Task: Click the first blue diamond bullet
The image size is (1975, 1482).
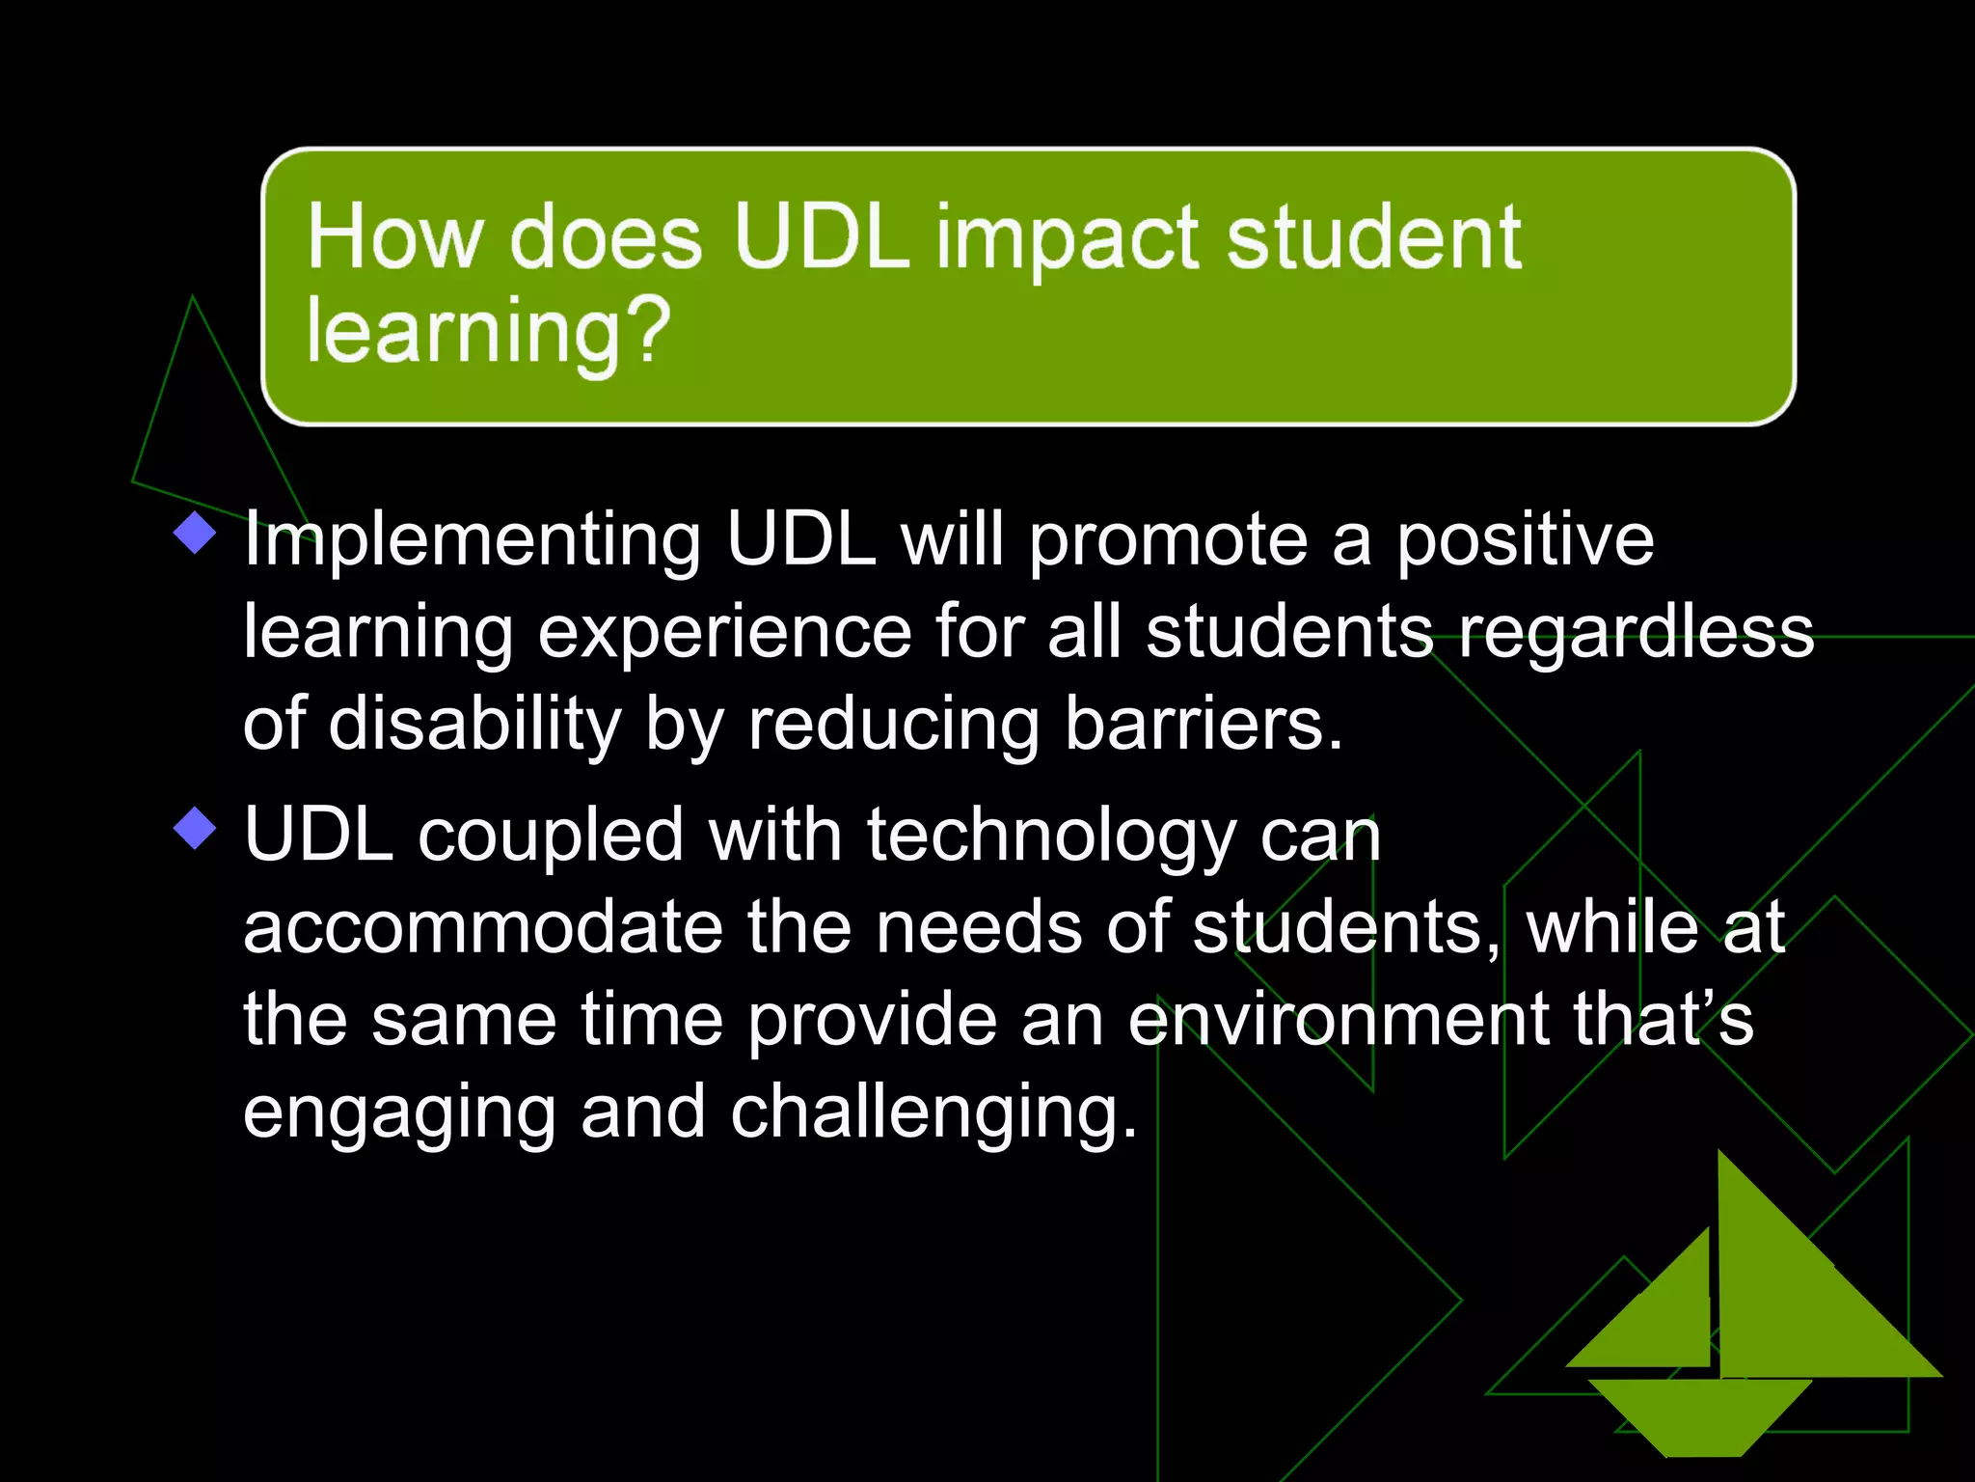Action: pos(196,533)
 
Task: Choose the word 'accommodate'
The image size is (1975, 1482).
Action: pos(482,927)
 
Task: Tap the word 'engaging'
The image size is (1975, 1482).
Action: pos(399,1111)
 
